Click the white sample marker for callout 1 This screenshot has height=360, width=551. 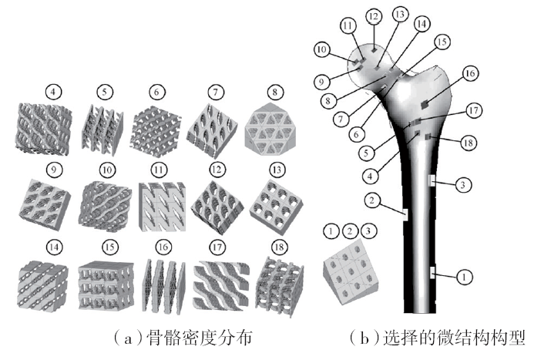433,271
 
